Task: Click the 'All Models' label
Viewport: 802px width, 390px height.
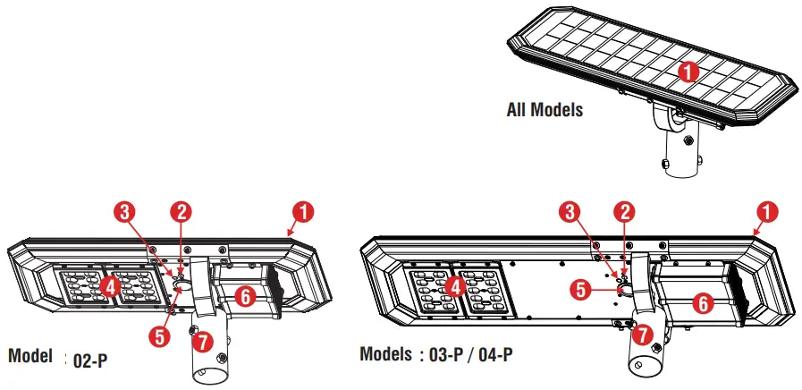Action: coord(545,110)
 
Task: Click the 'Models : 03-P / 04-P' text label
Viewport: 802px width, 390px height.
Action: coord(435,354)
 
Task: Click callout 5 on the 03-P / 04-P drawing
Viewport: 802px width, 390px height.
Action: coord(580,289)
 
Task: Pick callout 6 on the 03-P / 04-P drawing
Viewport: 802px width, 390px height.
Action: coord(704,303)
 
